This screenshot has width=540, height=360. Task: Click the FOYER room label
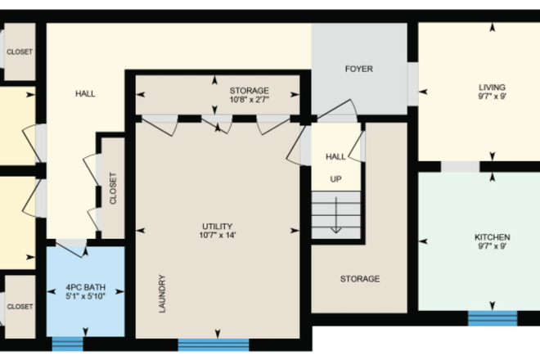(x=359, y=70)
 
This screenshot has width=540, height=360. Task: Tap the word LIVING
(x=492, y=87)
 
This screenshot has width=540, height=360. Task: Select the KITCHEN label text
(x=493, y=236)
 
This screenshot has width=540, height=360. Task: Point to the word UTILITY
(x=218, y=226)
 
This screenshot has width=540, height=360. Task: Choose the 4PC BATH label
(x=85, y=286)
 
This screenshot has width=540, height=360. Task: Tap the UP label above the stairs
(x=335, y=178)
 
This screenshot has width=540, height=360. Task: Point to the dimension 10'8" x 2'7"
(x=249, y=100)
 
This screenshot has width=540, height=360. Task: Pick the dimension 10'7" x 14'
(x=218, y=236)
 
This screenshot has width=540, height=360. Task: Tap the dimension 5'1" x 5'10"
(x=85, y=296)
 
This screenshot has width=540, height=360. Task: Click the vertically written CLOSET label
(x=113, y=188)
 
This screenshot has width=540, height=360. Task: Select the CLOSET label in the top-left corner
(x=20, y=52)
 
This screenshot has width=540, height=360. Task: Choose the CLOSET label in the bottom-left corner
(x=20, y=306)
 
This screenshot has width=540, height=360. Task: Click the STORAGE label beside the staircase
(x=360, y=279)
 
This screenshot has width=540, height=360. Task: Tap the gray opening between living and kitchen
(x=461, y=167)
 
